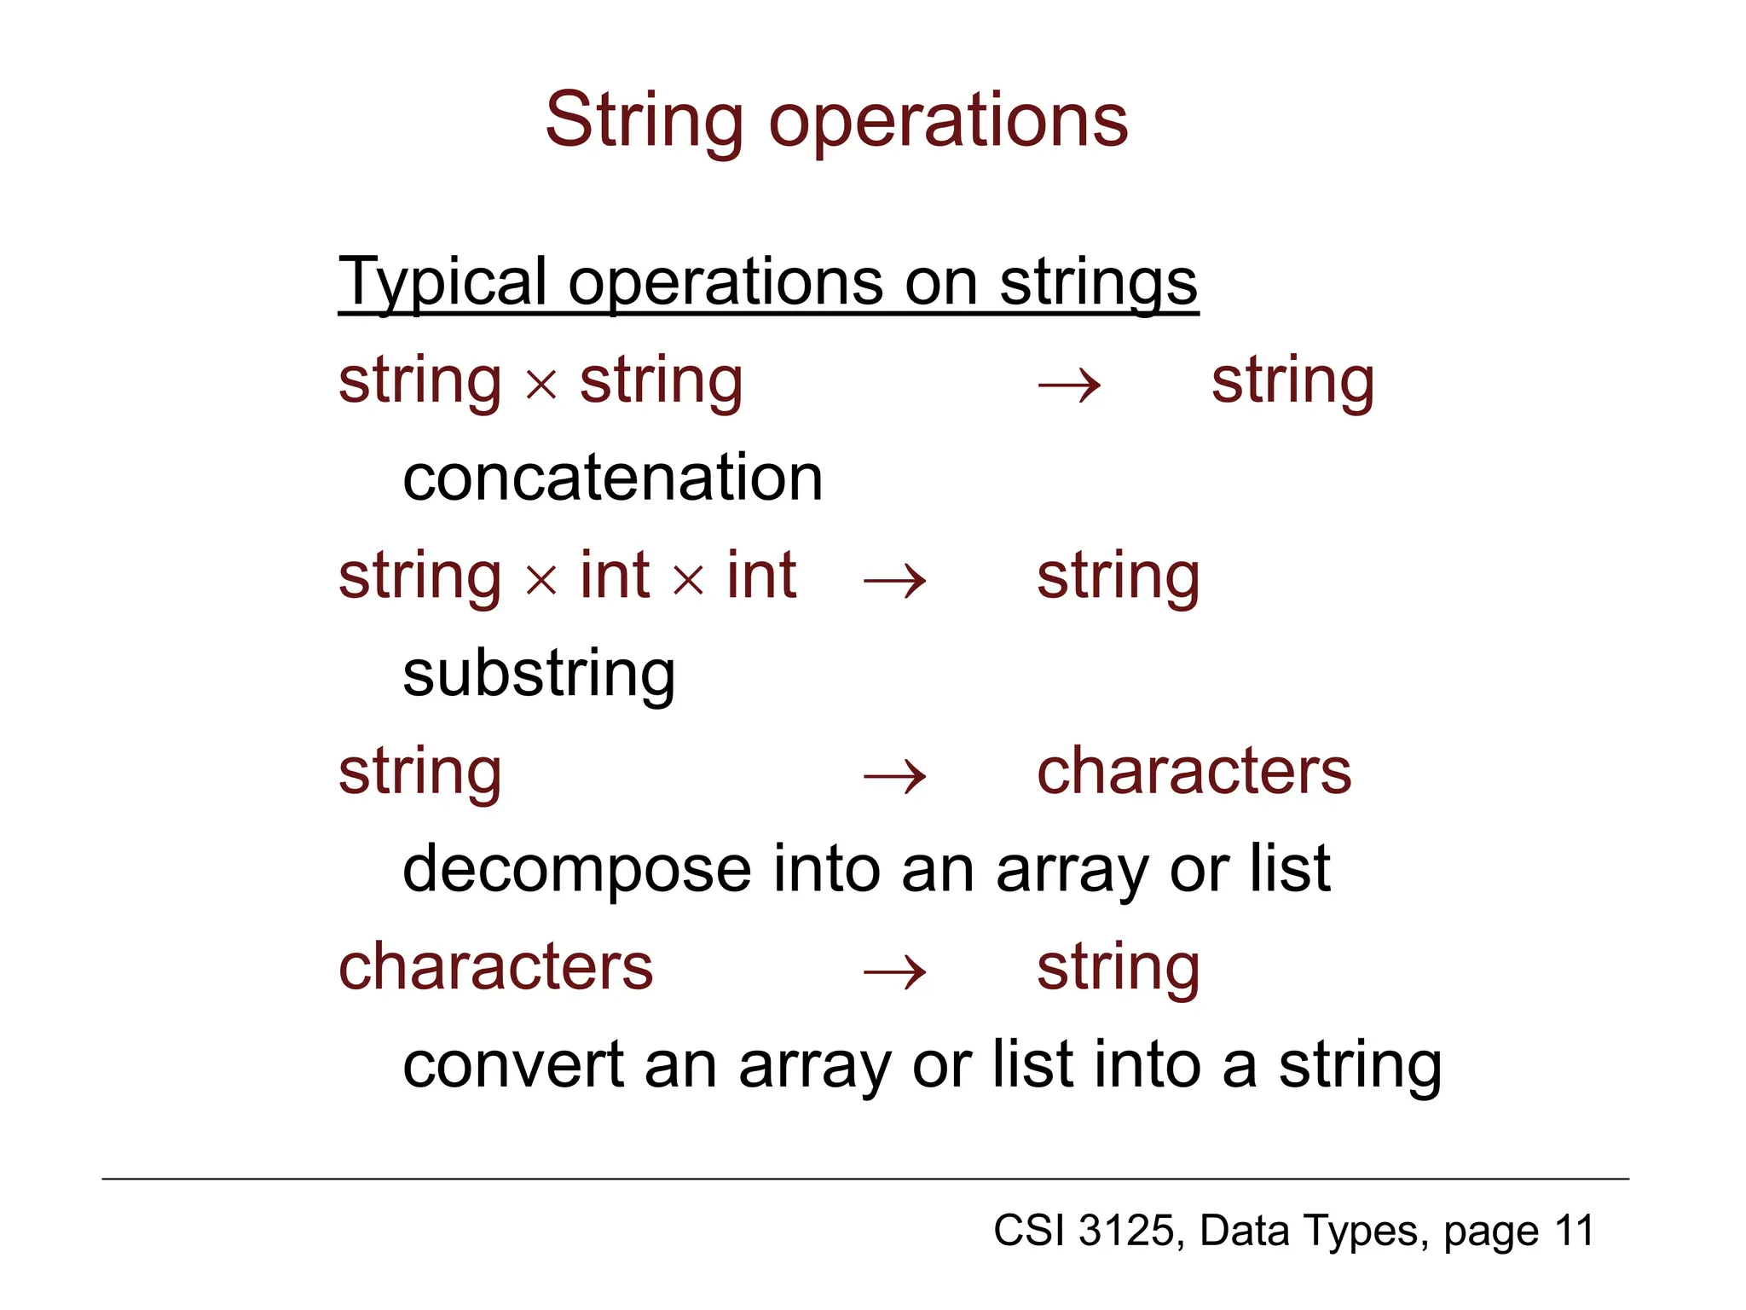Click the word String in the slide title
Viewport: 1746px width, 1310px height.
pyautogui.click(x=644, y=121)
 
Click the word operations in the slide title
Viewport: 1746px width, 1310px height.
pyautogui.click(x=948, y=121)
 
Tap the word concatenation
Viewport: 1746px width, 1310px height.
pyautogui.click(x=612, y=478)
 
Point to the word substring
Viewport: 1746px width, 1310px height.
pyautogui.click(x=539, y=675)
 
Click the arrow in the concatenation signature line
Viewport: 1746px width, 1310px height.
pyautogui.click(x=1069, y=385)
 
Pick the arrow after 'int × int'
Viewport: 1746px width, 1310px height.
pyautogui.click(x=894, y=582)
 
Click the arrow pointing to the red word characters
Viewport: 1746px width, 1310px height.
pyautogui.click(x=894, y=777)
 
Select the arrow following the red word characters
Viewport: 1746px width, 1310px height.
pyautogui.click(x=894, y=972)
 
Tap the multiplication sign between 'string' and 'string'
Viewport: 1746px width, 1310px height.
pyautogui.click(x=541, y=385)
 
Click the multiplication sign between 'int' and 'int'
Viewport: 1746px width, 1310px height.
pyautogui.click(x=688, y=581)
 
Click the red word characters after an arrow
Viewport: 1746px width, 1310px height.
pyautogui.click(x=1194, y=771)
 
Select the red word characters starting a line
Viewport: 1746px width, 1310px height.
pyautogui.click(x=495, y=967)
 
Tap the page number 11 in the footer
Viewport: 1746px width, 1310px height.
pyautogui.click(x=1573, y=1231)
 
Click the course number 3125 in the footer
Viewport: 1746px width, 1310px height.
pyautogui.click(x=1126, y=1231)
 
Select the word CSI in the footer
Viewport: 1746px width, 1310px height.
pyautogui.click(x=1028, y=1231)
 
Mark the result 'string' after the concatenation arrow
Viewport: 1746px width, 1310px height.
pyautogui.click(x=1292, y=381)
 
